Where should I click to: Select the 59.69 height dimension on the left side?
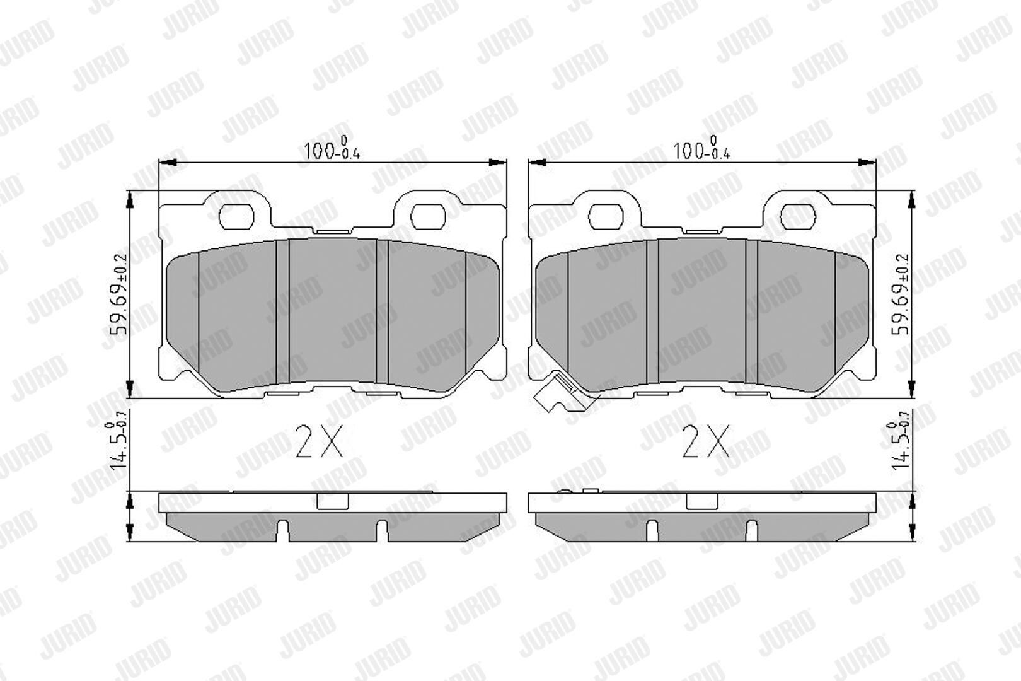(x=119, y=294)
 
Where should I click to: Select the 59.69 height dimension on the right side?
(x=900, y=294)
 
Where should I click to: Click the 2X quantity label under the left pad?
(x=319, y=441)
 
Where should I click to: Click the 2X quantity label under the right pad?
(x=706, y=441)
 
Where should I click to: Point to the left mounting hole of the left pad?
(x=236, y=217)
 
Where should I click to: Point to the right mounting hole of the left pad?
(x=428, y=217)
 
